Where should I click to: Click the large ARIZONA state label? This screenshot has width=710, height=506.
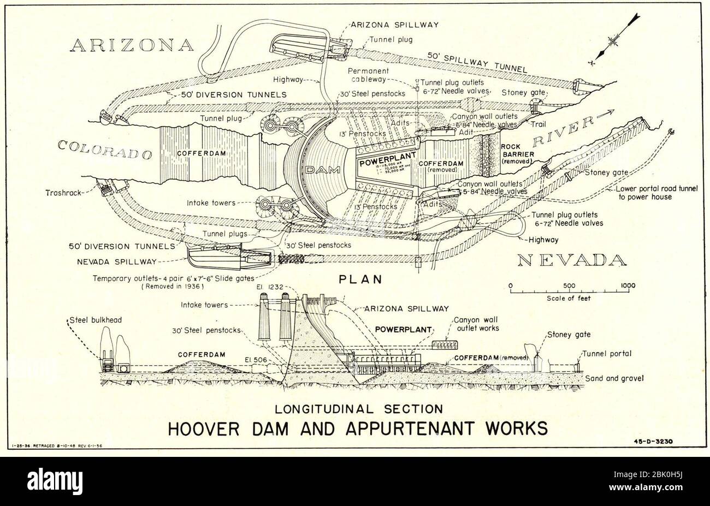point(132,45)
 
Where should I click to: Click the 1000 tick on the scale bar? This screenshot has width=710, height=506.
point(628,285)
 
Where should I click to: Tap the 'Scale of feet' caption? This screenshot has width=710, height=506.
point(568,299)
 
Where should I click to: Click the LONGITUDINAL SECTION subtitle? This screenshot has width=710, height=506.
point(359,407)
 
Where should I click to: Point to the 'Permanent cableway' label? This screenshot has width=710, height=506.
point(370,75)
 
